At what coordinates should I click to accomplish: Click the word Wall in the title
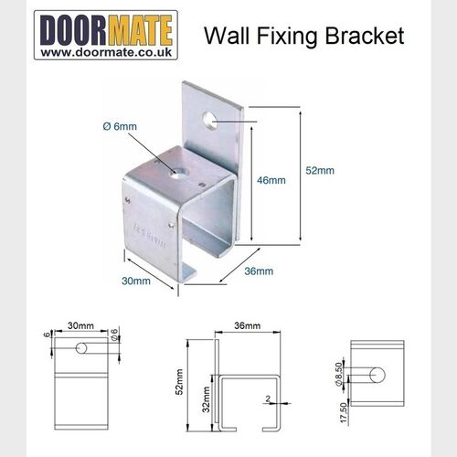[x=224, y=37]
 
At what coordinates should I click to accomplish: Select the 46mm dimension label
[x=272, y=180]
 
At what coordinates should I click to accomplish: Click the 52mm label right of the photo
[x=319, y=169]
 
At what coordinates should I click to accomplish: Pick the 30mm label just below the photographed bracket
[x=134, y=281]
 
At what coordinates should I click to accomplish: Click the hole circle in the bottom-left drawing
[x=83, y=348]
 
